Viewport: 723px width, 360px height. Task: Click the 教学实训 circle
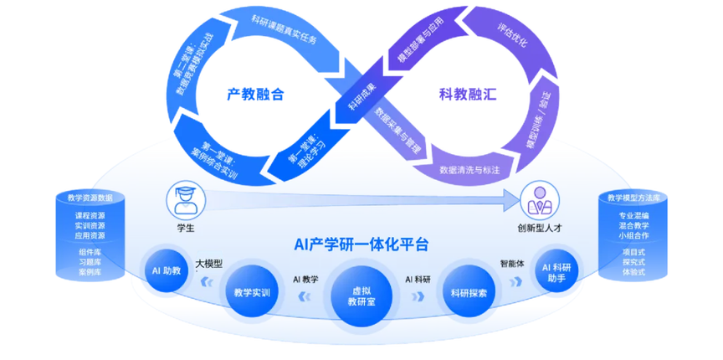click(251, 291)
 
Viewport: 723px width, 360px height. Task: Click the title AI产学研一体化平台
click(361, 245)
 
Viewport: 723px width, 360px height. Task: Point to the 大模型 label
click(209, 263)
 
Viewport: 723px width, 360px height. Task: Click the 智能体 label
click(512, 261)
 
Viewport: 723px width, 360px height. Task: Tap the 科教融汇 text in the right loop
click(468, 94)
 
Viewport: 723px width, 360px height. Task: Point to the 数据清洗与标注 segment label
click(469, 170)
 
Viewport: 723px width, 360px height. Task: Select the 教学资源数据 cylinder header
click(89, 198)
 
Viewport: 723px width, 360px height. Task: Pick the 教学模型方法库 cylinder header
click(633, 198)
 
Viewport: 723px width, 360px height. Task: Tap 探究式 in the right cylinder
click(633, 262)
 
